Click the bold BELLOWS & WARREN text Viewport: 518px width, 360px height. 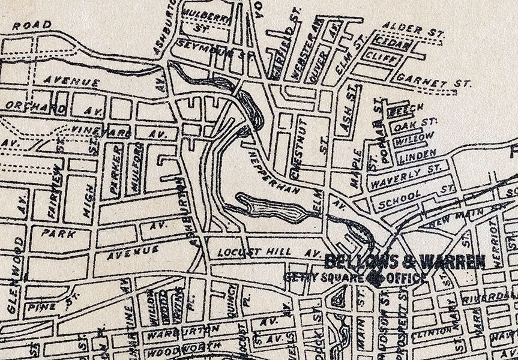pos(405,262)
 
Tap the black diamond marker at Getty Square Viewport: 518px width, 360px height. pos(376,278)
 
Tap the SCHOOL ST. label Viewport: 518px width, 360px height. pos(414,198)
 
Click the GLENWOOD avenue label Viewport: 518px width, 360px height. pos(16,275)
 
